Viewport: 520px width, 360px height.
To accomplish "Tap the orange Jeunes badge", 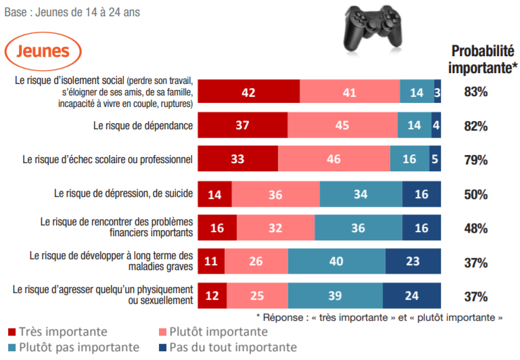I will [x=43, y=51].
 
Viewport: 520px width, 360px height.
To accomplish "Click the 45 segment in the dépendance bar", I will [x=342, y=126].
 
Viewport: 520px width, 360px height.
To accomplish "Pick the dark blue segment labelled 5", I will [x=435, y=160].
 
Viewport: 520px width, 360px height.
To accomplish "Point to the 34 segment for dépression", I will [x=360, y=194].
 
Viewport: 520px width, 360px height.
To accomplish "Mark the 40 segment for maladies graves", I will [x=337, y=262].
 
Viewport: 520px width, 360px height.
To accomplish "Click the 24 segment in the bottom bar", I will [x=412, y=296].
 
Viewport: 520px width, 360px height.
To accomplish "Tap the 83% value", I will [x=475, y=92].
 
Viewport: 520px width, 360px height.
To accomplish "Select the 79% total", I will [x=475, y=160].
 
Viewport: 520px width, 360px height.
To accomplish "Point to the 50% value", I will [x=475, y=194].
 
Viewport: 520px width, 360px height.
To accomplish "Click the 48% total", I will [x=475, y=228].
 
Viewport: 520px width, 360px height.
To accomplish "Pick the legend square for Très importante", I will [x=11, y=332].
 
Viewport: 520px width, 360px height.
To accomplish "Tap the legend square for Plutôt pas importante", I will [x=11, y=348].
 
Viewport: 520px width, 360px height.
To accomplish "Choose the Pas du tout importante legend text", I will [x=232, y=347].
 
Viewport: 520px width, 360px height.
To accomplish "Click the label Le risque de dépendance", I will [x=143, y=126].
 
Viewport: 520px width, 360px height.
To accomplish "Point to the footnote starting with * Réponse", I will [x=379, y=316].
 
